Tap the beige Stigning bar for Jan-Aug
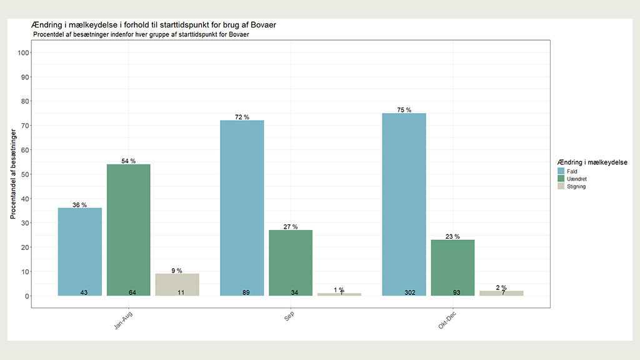tap(177, 284)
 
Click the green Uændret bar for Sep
tap(290, 262)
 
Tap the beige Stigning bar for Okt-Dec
tap(501, 293)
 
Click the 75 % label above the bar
tap(404, 110)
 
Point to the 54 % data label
tap(128, 161)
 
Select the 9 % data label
tap(177, 271)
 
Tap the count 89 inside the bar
tap(246, 292)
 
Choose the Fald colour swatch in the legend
tap(561, 171)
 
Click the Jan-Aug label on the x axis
tap(123, 321)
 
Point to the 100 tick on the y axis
tap(24, 52)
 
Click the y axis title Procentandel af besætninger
tap(13, 174)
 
